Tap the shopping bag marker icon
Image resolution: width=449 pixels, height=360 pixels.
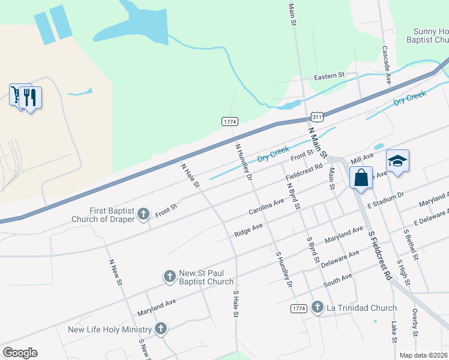[x=361, y=178]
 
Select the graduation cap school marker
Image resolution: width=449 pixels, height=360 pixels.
[x=397, y=161]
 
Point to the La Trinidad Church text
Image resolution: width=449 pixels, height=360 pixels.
[x=361, y=308]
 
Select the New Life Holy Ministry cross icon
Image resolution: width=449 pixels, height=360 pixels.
[x=160, y=328]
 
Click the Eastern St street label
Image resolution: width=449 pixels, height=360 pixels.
[x=329, y=76]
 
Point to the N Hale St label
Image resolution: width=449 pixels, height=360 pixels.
[x=190, y=175]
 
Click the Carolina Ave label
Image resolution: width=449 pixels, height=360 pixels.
[x=267, y=208]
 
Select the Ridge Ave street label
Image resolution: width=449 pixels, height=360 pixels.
[x=249, y=230]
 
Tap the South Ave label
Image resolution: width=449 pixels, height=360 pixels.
[x=337, y=279]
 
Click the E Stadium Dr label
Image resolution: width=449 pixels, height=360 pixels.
[x=386, y=200]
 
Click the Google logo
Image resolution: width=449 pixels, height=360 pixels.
[x=20, y=353]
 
